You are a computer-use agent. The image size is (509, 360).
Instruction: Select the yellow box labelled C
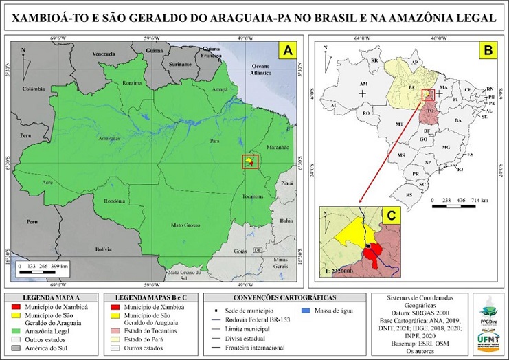(x=390, y=215)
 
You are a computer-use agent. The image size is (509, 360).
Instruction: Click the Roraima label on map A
(x=132, y=83)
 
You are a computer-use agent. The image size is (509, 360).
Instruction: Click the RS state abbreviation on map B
(x=410, y=195)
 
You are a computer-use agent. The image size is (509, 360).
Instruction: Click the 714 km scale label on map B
(x=479, y=200)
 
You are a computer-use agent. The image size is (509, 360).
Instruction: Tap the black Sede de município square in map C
(x=368, y=245)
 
